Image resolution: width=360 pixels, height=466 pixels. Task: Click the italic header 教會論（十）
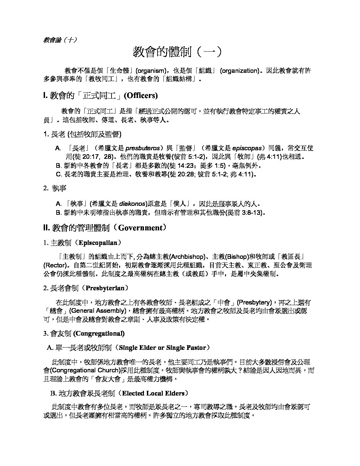click(x=60, y=40)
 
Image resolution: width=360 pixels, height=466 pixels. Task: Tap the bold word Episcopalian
click(x=98, y=243)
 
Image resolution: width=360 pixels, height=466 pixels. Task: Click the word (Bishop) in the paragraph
click(x=236, y=257)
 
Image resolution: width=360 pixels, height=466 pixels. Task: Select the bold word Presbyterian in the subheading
click(x=105, y=288)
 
